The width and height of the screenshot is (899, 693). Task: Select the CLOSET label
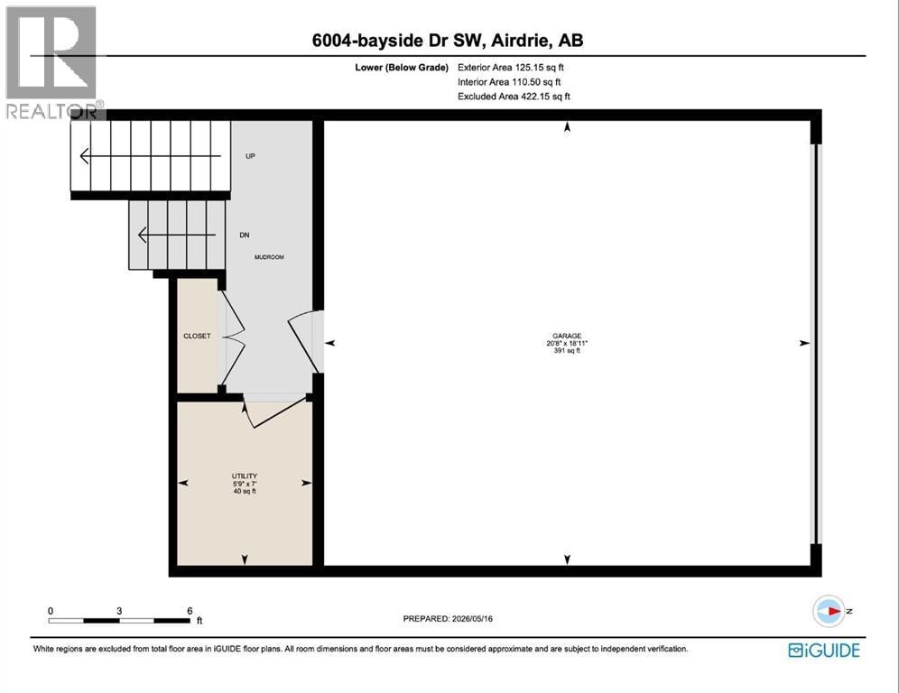(x=197, y=336)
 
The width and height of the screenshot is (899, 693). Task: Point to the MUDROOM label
(x=269, y=257)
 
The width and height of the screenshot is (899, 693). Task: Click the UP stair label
(x=250, y=156)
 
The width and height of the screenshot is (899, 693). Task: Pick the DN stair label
(x=245, y=235)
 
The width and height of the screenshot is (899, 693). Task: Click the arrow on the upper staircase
(x=150, y=156)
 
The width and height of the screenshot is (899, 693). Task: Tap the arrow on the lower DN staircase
(x=177, y=235)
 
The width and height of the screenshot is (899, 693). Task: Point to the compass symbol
(x=829, y=611)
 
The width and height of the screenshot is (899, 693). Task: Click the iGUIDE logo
(x=824, y=650)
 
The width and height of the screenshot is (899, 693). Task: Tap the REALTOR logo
(x=52, y=62)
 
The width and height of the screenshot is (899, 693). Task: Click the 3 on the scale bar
(x=119, y=611)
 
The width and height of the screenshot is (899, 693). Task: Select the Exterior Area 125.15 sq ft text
(x=510, y=67)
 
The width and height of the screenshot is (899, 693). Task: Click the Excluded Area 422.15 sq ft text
(x=514, y=97)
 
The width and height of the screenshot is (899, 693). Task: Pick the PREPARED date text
(x=448, y=618)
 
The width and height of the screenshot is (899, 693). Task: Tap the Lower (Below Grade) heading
(x=402, y=67)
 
